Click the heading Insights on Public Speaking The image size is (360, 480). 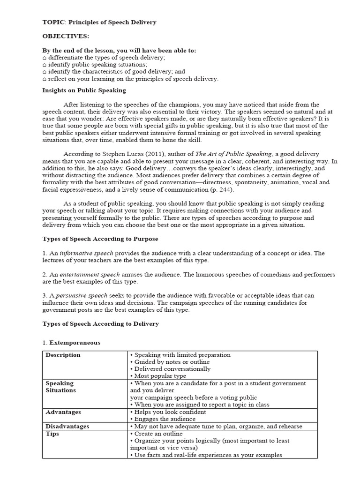(84, 90)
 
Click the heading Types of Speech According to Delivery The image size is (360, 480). (100, 323)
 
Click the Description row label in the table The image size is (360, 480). (63, 355)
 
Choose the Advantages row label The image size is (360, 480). (63, 412)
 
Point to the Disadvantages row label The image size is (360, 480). (67, 427)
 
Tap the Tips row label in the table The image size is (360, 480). (52, 434)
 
